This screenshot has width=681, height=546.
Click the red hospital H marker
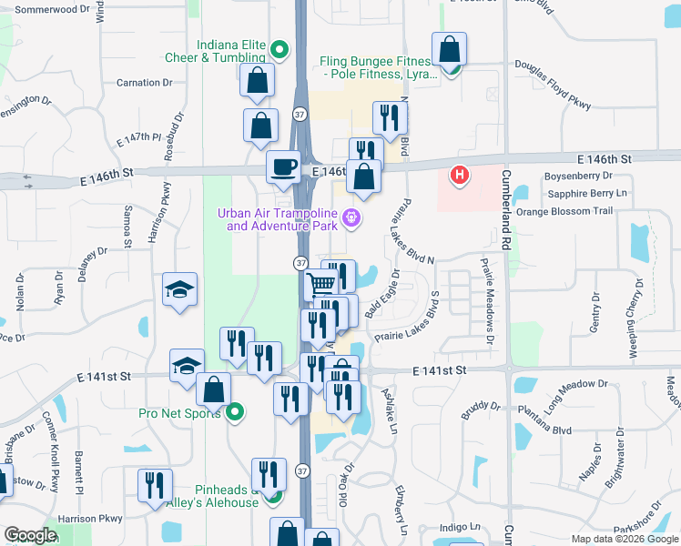(x=460, y=175)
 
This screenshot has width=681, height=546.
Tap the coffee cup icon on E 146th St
(x=281, y=167)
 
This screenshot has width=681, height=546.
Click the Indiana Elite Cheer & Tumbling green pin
(x=280, y=50)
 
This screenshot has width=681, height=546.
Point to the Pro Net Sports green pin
(x=235, y=413)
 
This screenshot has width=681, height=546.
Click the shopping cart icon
(x=320, y=286)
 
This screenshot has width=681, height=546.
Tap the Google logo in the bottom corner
(x=29, y=535)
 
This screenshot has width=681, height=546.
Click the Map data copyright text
(x=624, y=539)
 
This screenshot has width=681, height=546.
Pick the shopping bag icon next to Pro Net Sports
(x=213, y=389)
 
